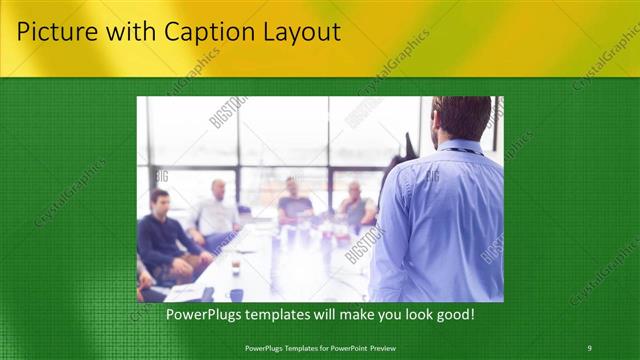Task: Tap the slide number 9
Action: (x=589, y=348)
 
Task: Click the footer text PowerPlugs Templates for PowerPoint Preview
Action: (x=320, y=348)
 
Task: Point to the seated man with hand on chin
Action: (x=356, y=204)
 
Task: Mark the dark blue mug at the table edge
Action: (x=236, y=294)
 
